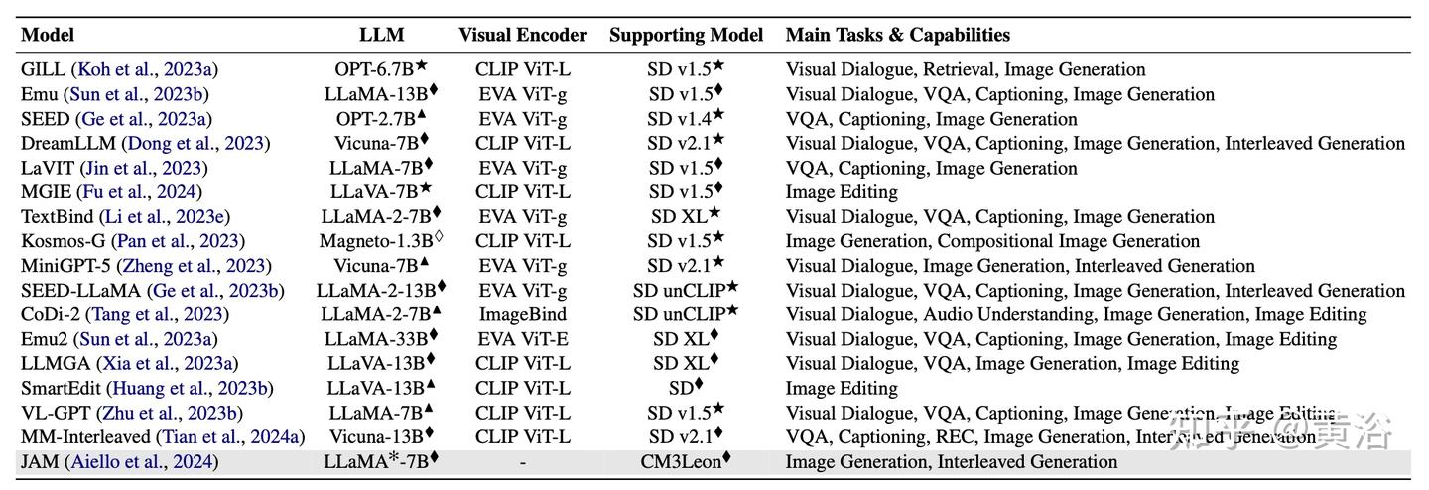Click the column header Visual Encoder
[522, 35]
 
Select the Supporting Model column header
[686, 35]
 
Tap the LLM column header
[381, 35]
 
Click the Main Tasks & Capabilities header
[897, 35]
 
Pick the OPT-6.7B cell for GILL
[381, 69]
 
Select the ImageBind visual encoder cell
[522, 314]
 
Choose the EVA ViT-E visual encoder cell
[522, 339]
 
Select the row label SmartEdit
[62, 388]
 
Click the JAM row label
[40, 461]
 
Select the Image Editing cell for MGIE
[842, 192]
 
